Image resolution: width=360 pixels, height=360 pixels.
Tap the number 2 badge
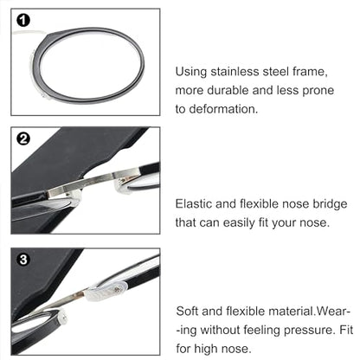pyautogui.click(x=23, y=138)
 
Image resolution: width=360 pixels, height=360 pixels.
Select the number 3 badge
pyautogui.click(x=23, y=259)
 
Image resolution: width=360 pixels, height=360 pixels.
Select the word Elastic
pyautogui.click(x=196, y=204)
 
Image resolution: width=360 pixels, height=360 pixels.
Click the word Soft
pyautogui.click(x=190, y=310)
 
